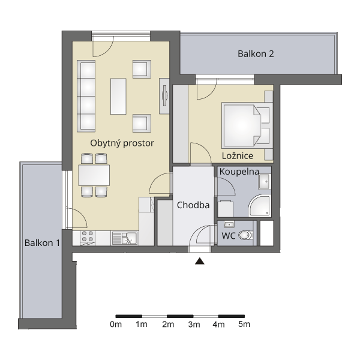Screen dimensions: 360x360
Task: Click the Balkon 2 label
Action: tap(256, 54)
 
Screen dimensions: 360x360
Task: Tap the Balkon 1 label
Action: tap(42, 242)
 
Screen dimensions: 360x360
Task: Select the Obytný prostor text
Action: tap(122, 143)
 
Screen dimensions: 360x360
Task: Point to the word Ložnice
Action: tap(238, 155)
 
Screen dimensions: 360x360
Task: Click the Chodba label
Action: tap(193, 205)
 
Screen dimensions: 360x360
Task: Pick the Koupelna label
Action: tap(239, 172)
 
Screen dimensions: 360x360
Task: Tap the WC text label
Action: tap(229, 236)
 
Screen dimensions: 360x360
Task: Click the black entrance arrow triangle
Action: tap(200, 261)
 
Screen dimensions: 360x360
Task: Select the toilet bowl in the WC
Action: tap(245, 235)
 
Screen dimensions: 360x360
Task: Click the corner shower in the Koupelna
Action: tap(260, 206)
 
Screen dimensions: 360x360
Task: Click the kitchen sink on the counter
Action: tap(124, 238)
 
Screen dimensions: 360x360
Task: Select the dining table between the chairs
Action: tap(94, 175)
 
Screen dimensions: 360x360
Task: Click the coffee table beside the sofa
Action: tap(118, 97)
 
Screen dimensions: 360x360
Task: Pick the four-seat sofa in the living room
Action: tap(86, 96)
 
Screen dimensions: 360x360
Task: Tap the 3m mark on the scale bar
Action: tap(193, 316)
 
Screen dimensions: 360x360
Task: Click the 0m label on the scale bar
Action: tap(116, 325)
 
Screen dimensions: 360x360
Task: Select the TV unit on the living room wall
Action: tap(164, 96)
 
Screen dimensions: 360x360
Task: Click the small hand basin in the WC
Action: tap(229, 224)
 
